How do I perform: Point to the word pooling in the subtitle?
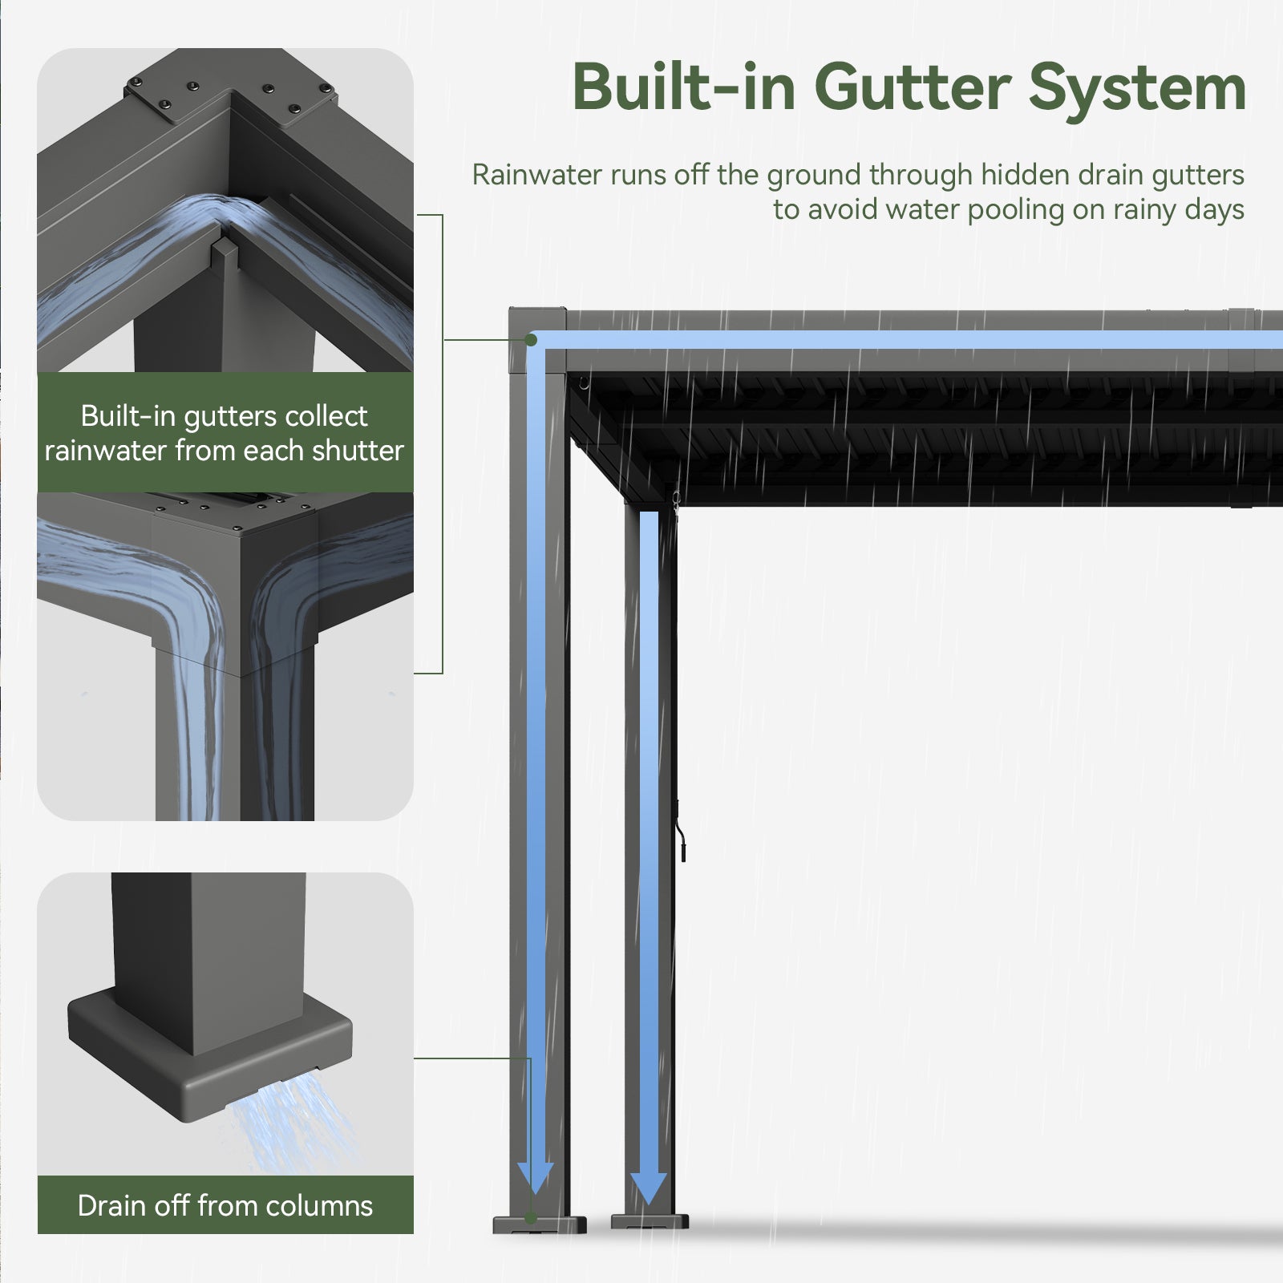(1018, 209)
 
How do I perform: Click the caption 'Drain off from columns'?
(225, 1205)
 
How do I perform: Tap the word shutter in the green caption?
(358, 451)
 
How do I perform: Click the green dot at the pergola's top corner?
(531, 340)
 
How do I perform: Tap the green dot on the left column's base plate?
(531, 1219)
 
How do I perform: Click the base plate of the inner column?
(650, 1223)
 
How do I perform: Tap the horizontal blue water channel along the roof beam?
(882, 341)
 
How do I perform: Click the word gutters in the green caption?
(229, 416)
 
